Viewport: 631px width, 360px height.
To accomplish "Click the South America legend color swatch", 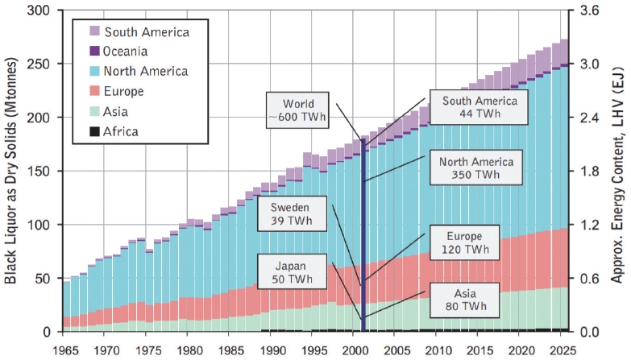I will point(94,32).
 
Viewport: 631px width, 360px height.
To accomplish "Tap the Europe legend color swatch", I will point(94,91).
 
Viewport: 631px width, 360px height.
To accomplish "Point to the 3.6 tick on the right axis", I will point(590,11).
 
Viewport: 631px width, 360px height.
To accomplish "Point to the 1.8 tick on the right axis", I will point(590,172).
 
